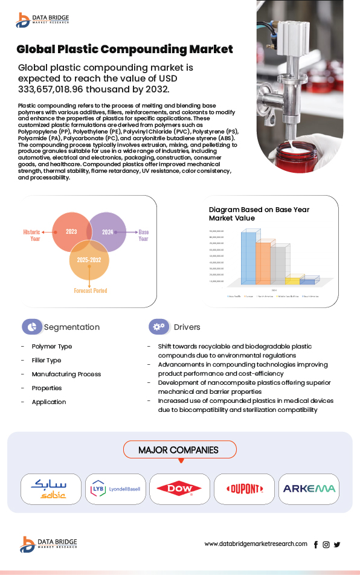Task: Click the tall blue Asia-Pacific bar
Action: coord(248,259)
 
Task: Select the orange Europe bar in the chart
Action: coord(263,263)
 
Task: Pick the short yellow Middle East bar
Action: coord(292,280)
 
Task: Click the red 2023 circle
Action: coord(71,231)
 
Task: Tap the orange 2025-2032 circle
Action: coord(89,259)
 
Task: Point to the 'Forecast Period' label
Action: coord(91,291)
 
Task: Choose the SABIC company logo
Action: coord(51,489)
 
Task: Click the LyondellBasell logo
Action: coord(115,489)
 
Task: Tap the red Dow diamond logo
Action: coord(179,489)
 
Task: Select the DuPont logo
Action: coord(244,489)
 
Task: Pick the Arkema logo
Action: coord(309,489)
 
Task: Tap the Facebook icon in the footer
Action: coord(316,544)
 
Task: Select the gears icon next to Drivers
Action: coord(159,327)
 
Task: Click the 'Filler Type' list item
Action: coord(47,361)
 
